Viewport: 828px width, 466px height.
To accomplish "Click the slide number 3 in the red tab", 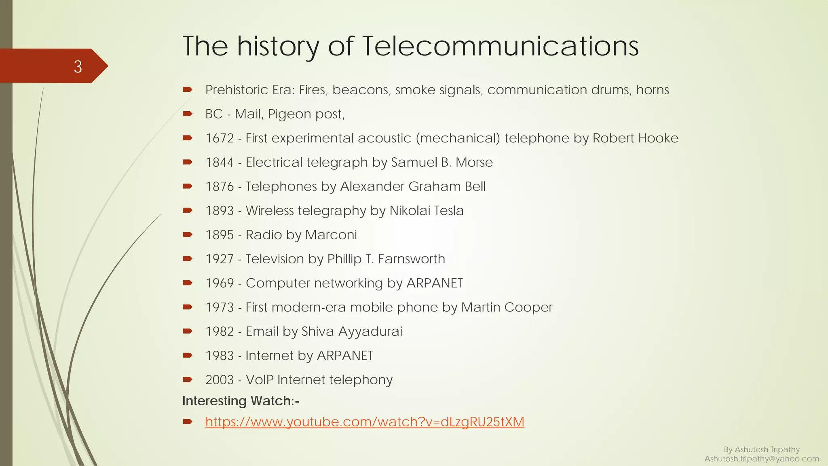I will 78,66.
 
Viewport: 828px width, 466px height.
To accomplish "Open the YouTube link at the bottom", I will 365,422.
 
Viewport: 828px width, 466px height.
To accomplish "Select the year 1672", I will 220,138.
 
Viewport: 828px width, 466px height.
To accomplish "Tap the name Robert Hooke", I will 635,138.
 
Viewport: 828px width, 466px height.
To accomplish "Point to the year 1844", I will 220,163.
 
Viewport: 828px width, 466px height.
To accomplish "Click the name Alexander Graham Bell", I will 413,186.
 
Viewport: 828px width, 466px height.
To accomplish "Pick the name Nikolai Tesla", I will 427,211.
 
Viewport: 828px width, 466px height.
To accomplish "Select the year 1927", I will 220,259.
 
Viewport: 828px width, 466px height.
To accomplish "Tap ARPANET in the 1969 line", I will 434,283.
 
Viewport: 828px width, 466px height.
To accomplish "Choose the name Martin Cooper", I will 507,307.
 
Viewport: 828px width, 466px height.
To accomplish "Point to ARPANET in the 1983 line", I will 345,356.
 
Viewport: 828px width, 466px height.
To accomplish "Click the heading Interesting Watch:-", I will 241,401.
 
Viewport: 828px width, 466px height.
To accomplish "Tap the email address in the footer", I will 762,459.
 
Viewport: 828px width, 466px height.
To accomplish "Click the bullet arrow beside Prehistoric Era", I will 187,90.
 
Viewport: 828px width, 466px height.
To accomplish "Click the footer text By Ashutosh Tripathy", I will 762,449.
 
